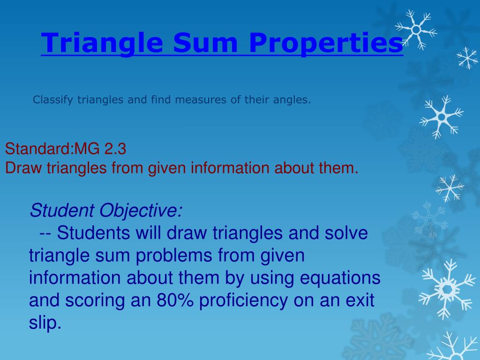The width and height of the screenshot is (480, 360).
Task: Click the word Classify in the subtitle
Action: click(x=53, y=100)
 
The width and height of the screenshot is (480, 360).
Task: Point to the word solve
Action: click(x=345, y=233)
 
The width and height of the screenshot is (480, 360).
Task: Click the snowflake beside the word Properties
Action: click(x=416, y=30)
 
